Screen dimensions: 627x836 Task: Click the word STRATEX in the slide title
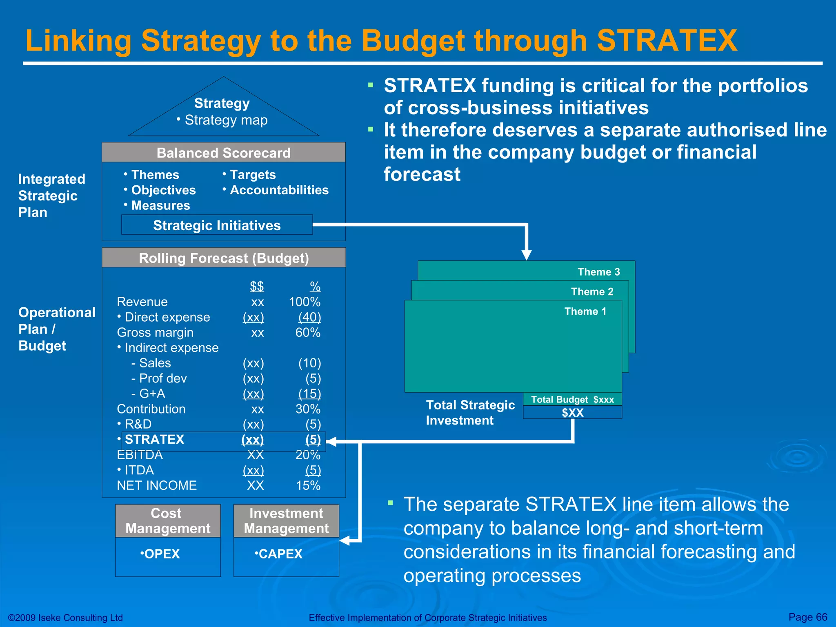click(x=667, y=41)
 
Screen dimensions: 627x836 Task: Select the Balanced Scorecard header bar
click(x=223, y=153)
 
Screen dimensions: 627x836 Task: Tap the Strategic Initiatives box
click(x=217, y=225)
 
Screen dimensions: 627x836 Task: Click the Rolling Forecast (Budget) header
click(x=224, y=258)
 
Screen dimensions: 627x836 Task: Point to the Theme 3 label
click(x=598, y=272)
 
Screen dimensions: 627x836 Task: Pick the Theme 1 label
click(x=585, y=311)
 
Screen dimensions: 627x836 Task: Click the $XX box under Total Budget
click(x=572, y=413)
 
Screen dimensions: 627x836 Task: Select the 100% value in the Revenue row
click(x=305, y=302)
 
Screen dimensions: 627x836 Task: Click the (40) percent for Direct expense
click(x=309, y=317)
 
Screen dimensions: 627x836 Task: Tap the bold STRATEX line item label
click(x=154, y=440)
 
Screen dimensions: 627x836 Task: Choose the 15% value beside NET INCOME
click(x=308, y=485)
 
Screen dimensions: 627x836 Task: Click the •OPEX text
click(x=160, y=554)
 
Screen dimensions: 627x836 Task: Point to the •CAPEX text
click(x=279, y=554)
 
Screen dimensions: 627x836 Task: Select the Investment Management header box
click(x=286, y=521)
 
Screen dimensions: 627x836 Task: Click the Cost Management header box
click(x=168, y=521)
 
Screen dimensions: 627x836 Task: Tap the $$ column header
click(x=257, y=286)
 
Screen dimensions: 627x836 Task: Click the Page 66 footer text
click(x=807, y=617)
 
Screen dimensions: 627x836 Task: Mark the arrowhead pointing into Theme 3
click(x=527, y=255)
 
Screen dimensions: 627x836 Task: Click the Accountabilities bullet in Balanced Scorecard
click(x=279, y=190)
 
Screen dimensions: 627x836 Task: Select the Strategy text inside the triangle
click(x=222, y=103)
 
